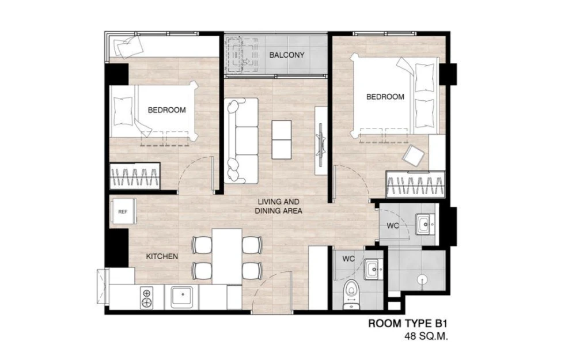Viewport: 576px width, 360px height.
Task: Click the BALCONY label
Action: (x=287, y=55)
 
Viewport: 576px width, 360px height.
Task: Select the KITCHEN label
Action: (x=162, y=256)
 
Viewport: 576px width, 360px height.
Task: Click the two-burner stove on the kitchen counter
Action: (x=146, y=298)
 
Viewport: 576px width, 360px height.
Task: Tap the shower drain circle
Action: (x=422, y=280)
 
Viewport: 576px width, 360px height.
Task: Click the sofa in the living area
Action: (x=241, y=141)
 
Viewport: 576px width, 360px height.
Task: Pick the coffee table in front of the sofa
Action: (x=282, y=140)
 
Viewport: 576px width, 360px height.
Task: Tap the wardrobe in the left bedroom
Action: (x=135, y=176)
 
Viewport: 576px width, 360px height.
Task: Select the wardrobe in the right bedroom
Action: (x=415, y=184)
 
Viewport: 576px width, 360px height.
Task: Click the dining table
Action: (x=226, y=256)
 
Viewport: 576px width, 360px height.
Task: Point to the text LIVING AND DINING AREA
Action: (x=278, y=206)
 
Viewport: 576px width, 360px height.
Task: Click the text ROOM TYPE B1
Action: (x=408, y=324)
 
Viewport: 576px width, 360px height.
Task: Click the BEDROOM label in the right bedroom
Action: (x=385, y=97)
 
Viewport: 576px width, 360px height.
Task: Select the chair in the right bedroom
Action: (x=414, y=155)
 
